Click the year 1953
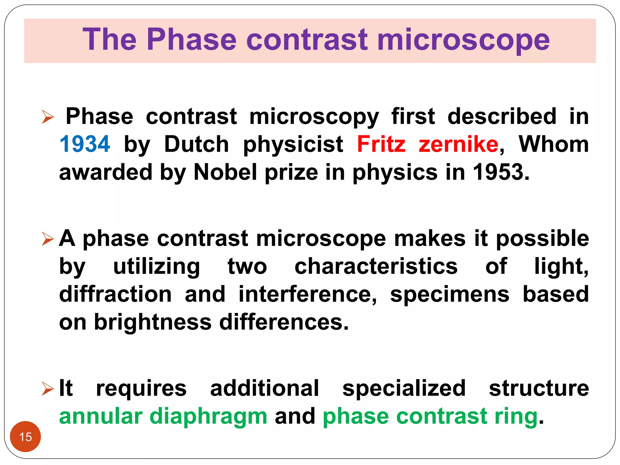pyautogui.click(x=501, y=172)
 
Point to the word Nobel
pyautogui.click(x=226, y=172)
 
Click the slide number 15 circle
pyautogui.click(x=25, y=437)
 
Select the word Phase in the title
pyautogui.click(x=191, y=40)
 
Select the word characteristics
pyautogui.click(x=376, y=266)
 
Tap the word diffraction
pyautogui.click(x=115, y=294)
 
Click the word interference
pyautogui.click(x=307, y=294)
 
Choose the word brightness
pyautogui.click(x=153, y=322)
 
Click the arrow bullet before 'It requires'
pyautogui.click(x=48, y=389)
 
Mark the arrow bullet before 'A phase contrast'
pyautogui.click(x=48, y=239)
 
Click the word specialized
pyautogui.click(x=404, y=389)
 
